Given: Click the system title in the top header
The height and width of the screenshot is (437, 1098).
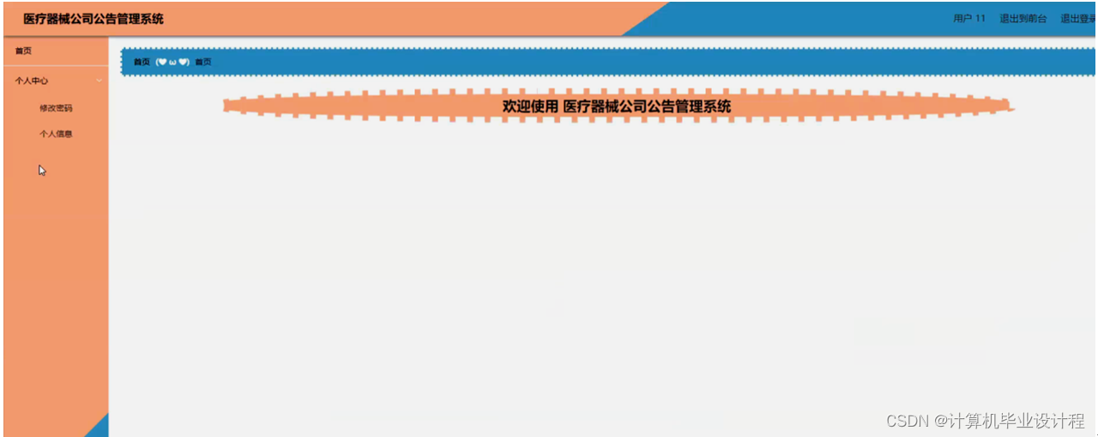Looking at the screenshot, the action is [94, 19].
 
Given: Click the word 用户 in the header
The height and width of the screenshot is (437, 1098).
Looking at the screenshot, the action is [962, 19].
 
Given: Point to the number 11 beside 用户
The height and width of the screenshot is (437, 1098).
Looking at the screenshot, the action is [980, 19].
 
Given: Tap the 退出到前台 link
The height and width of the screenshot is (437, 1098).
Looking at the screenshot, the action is [1023, 19].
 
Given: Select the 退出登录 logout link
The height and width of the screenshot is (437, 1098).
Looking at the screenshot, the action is [1078, 19].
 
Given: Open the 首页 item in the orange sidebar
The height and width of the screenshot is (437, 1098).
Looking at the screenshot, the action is [23, 51].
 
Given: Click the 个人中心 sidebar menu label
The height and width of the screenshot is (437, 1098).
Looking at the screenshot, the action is [32, 81].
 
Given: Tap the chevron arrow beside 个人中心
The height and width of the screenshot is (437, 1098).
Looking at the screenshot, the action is [99, 81].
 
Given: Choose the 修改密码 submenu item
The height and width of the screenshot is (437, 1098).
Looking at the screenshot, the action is [56, 108].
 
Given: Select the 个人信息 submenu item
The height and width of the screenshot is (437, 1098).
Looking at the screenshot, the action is [56, 134].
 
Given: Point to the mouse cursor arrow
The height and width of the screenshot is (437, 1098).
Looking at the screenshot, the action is [42, 170].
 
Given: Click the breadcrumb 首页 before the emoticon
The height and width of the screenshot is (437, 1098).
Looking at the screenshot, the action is [142, 62].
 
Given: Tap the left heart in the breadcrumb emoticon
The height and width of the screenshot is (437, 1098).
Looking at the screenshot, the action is [163, 62].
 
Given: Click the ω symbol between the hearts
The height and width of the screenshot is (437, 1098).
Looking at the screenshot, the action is [172, 63].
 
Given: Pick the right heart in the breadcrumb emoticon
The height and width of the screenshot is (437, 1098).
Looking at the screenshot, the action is [183, 62].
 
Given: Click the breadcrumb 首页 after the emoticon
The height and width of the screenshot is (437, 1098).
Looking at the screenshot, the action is [203, 62].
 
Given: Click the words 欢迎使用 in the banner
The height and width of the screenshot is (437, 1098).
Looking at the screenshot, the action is [530, 106].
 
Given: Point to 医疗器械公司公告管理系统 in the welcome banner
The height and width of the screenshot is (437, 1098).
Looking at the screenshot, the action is [647, 106].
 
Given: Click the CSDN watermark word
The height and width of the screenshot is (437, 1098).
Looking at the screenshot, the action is [908, 421].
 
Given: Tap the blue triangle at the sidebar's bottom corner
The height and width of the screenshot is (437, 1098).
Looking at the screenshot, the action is [100, 428].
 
